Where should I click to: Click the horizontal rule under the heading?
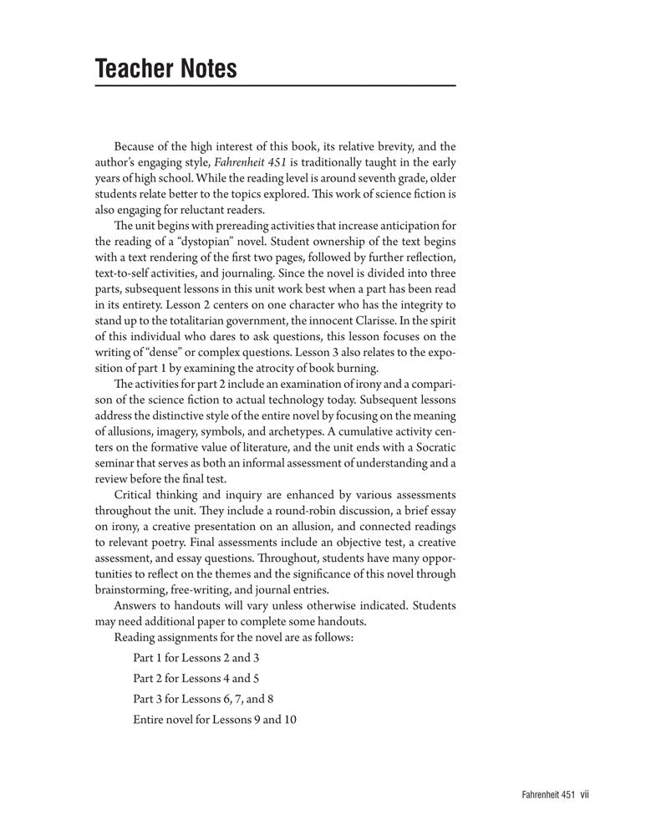275,86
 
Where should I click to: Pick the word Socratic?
430,446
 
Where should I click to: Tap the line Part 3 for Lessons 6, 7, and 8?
203,697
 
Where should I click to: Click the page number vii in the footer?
585,797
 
